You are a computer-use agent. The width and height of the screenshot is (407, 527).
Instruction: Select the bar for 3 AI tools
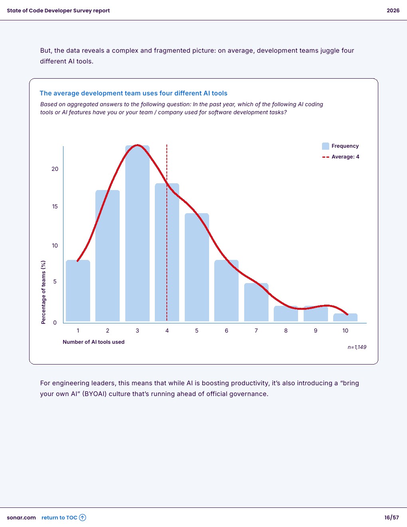coord(137,234)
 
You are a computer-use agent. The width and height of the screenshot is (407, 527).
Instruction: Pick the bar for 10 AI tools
coord(345,318)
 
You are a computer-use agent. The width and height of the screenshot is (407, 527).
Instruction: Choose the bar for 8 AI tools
coord(286,314)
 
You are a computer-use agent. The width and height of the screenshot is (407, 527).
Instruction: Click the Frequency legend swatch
coord(326,146)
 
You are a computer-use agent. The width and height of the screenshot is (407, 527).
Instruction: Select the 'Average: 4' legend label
coord(345,157)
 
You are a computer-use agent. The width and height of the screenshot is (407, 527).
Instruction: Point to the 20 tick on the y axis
coord(55,169)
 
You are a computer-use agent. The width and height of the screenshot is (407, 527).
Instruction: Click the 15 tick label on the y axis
coord(55,206)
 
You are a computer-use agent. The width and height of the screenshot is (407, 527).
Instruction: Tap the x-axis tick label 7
coord(256,331)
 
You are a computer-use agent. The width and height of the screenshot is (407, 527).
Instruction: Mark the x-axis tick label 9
coord(316,331)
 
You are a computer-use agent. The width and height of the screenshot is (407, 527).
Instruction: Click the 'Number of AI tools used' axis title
coord(93,342)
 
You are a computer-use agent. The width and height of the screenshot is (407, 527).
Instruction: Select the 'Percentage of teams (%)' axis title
coord(43,292)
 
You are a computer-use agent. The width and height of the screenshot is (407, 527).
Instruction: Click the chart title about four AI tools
coord(133,93)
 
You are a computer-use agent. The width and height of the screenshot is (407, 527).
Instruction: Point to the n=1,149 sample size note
coord(357,347)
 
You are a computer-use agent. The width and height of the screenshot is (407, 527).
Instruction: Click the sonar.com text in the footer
coord(21,518)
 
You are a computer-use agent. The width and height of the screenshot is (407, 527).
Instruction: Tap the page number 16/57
coord(391,518)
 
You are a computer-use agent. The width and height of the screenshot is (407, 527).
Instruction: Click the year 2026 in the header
coord(393,11)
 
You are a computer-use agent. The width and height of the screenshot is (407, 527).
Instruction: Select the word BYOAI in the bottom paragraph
coord(95,394)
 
